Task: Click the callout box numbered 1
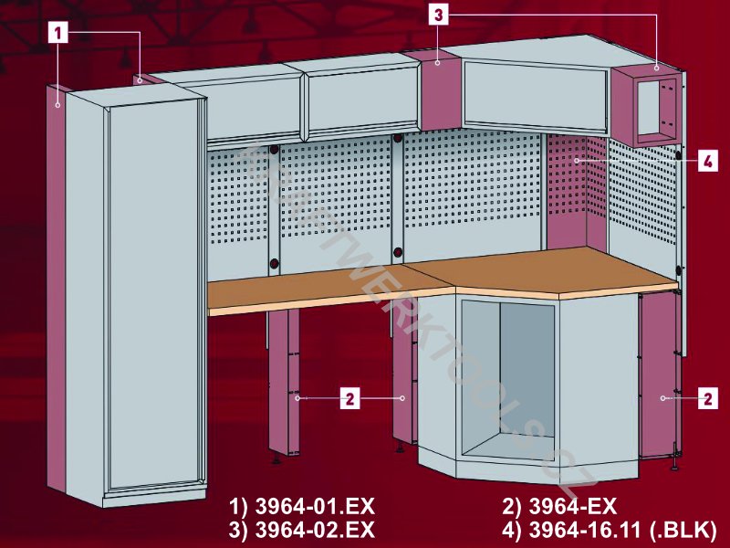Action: click(58, 34)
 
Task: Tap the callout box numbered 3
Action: click(438, 15)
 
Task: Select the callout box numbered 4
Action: click(708, 162)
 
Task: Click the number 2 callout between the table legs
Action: click(350, 399)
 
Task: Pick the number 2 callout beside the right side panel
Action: click(708, 399)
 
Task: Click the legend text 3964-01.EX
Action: click(315, 507)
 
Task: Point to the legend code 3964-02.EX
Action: click(315, 530)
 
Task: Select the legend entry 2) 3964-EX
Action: click(559, 507)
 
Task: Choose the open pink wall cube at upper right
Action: click(646, 106)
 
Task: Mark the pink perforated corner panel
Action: click(577, 192)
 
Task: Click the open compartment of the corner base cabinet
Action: click(508, 380)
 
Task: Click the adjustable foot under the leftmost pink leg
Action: click(276, 458)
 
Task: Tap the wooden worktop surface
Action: click(443, 279)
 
